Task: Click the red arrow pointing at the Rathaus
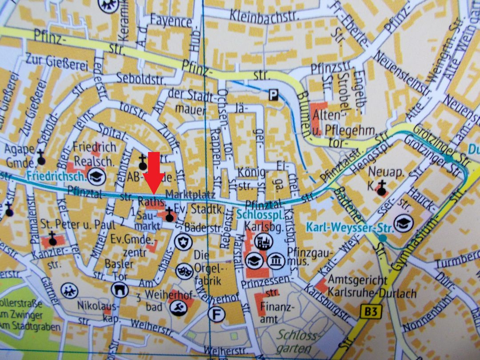153,172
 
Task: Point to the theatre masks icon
182,270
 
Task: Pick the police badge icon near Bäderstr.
183,243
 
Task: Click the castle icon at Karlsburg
263,240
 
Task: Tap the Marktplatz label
190,194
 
